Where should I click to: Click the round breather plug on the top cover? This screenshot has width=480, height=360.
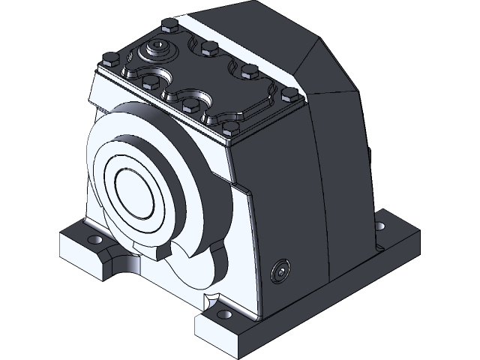(x=160, y=51)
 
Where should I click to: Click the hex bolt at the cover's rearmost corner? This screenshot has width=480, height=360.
(x=168, y=27)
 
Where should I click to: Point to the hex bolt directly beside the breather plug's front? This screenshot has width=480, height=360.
(x=149, y=79)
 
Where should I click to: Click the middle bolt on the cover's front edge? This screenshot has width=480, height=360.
(x=190, y=104)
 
